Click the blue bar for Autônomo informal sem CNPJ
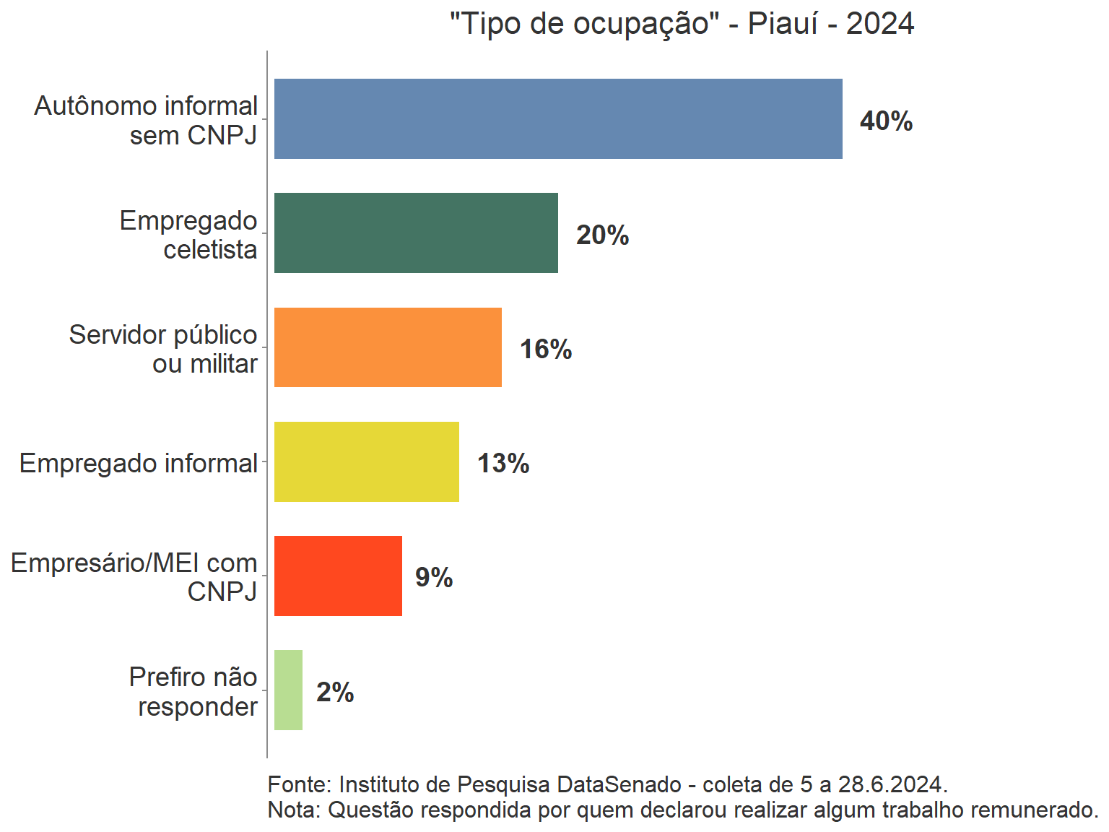[557, 118]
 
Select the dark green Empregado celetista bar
[416, 233]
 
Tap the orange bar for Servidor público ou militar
[388, 347]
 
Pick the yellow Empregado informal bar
[366, 461]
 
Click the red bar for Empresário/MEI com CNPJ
[338, 576]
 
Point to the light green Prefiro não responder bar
[288, 690]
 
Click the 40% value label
[886, 121]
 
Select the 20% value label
[602, 235]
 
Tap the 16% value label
[546, 349]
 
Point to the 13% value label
[503, 463]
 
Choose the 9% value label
[434, 577]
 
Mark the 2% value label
[335, 692]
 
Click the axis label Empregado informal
[139, 463]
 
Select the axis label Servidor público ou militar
[164, 349]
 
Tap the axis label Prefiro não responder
[194, 691]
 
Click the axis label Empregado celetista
[189, 235]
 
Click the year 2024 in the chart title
[880, 24]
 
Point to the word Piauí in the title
[782, 24]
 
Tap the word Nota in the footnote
[292, 810]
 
